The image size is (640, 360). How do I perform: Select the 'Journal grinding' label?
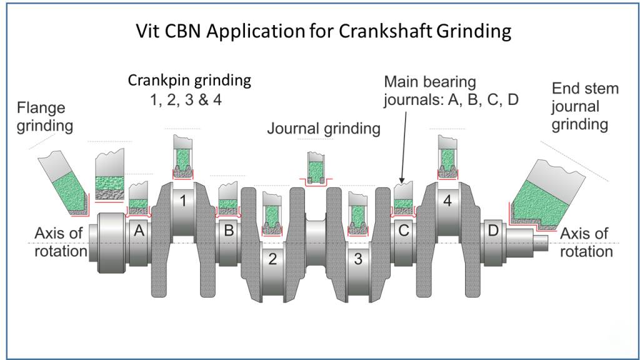point(324,129)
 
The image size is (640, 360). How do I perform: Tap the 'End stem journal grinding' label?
point(584,106)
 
